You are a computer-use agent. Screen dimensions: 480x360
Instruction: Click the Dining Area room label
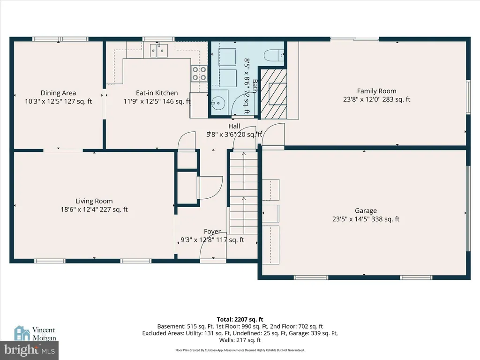(x=58, y=93)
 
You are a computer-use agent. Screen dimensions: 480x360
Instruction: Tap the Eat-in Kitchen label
(x=157, y=93)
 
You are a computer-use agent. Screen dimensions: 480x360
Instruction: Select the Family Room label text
(x=376, y=91)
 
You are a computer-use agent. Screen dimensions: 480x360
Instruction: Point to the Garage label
(x=366, y=210)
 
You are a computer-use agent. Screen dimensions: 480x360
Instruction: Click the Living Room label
(x=94, y=201)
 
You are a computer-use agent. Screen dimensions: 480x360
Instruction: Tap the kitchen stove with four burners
(x=199, y=74)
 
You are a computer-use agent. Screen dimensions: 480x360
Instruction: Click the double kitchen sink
(x=159, y=50)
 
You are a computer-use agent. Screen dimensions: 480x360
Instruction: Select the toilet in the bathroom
(x=274, y=55)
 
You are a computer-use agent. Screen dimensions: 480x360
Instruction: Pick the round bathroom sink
(x=218, y=103)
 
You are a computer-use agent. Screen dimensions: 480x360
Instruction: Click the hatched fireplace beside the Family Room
(x=273, y=94)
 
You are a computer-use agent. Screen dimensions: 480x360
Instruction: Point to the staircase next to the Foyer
(x=244, y=193)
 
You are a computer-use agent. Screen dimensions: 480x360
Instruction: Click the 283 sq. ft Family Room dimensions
(x=376, y=99)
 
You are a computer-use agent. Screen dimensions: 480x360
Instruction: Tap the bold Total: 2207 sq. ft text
(x=240, y=320)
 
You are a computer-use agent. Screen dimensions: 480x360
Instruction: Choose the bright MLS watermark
(x=30, y=350)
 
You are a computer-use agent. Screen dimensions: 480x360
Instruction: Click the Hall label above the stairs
(x=234, y=126)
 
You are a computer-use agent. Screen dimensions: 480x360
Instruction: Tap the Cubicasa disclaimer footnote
(x=240, y=350)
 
